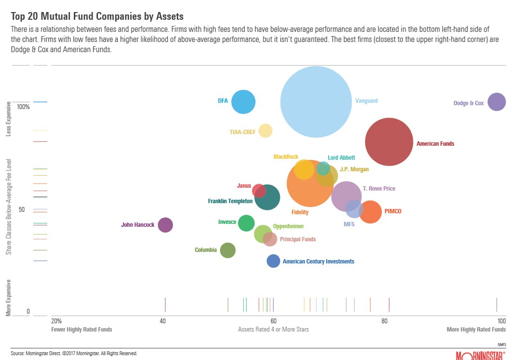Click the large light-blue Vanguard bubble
(316, 102)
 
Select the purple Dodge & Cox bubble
(497, 102)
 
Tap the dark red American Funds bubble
(389, 142)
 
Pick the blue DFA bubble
(243, 102)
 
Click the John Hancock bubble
(166, 225)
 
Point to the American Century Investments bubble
(274, 261)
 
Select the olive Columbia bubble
(228, 250)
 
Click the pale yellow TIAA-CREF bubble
(265, 131)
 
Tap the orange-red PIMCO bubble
(370, 212)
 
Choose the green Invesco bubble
(246, 223)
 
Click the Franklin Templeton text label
(230, 201)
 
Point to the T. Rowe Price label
(379, 189)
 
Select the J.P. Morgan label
(354, 169)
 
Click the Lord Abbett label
(341, 158)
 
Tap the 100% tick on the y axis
(24, 107)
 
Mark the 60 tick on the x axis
(273, 321)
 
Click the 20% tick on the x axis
(56, 321)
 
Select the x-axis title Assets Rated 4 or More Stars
(273, 329)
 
